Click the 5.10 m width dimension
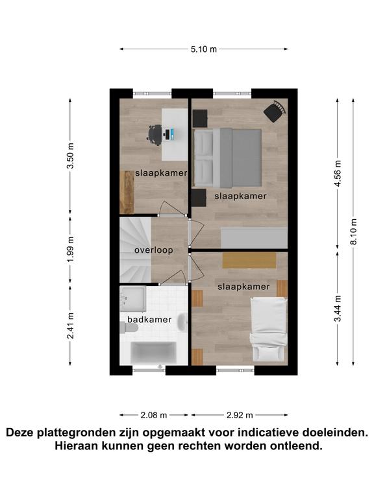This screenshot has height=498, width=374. point(203,49)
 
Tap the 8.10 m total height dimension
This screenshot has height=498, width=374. point(353,231)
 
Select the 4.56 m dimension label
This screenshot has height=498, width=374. point(338,173)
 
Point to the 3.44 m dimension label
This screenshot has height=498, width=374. point(338,309)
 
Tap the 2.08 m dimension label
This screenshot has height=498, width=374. point(154,415)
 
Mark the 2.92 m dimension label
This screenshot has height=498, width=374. point(240,415)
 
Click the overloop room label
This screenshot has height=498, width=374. point(154,250)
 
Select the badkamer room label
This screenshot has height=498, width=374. point(149,320)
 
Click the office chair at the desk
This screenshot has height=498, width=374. point(156,135)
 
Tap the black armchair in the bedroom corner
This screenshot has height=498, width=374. point(275,111)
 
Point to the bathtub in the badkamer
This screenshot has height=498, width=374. point(154,353)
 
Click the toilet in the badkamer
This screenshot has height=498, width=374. point(127,327)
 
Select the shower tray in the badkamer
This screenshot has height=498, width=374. point(133,298)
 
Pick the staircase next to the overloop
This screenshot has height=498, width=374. point(135,250)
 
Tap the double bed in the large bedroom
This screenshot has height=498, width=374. point(228,157)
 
